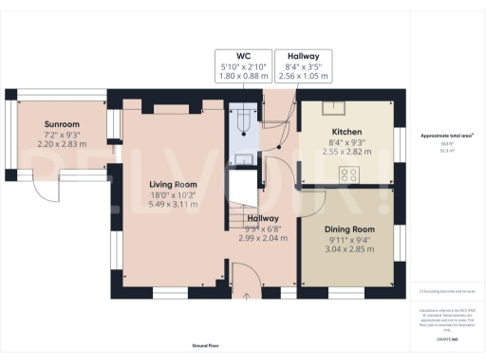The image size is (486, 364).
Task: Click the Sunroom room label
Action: (x=64, y=124)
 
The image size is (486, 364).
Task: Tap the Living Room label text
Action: (x=172, y=184)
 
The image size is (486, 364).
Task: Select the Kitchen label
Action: (x=345, y=131)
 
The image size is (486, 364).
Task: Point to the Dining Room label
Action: (x=345, y=229)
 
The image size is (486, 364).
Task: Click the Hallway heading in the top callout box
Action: (x=304, y=57)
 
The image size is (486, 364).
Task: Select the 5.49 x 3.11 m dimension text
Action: (x=172, y=204)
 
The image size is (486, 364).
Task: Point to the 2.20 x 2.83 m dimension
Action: (x=64, y=144)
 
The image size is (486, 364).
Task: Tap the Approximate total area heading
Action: (x=446, y=136)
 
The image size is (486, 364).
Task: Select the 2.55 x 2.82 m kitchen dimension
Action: (x=345, y=151)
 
